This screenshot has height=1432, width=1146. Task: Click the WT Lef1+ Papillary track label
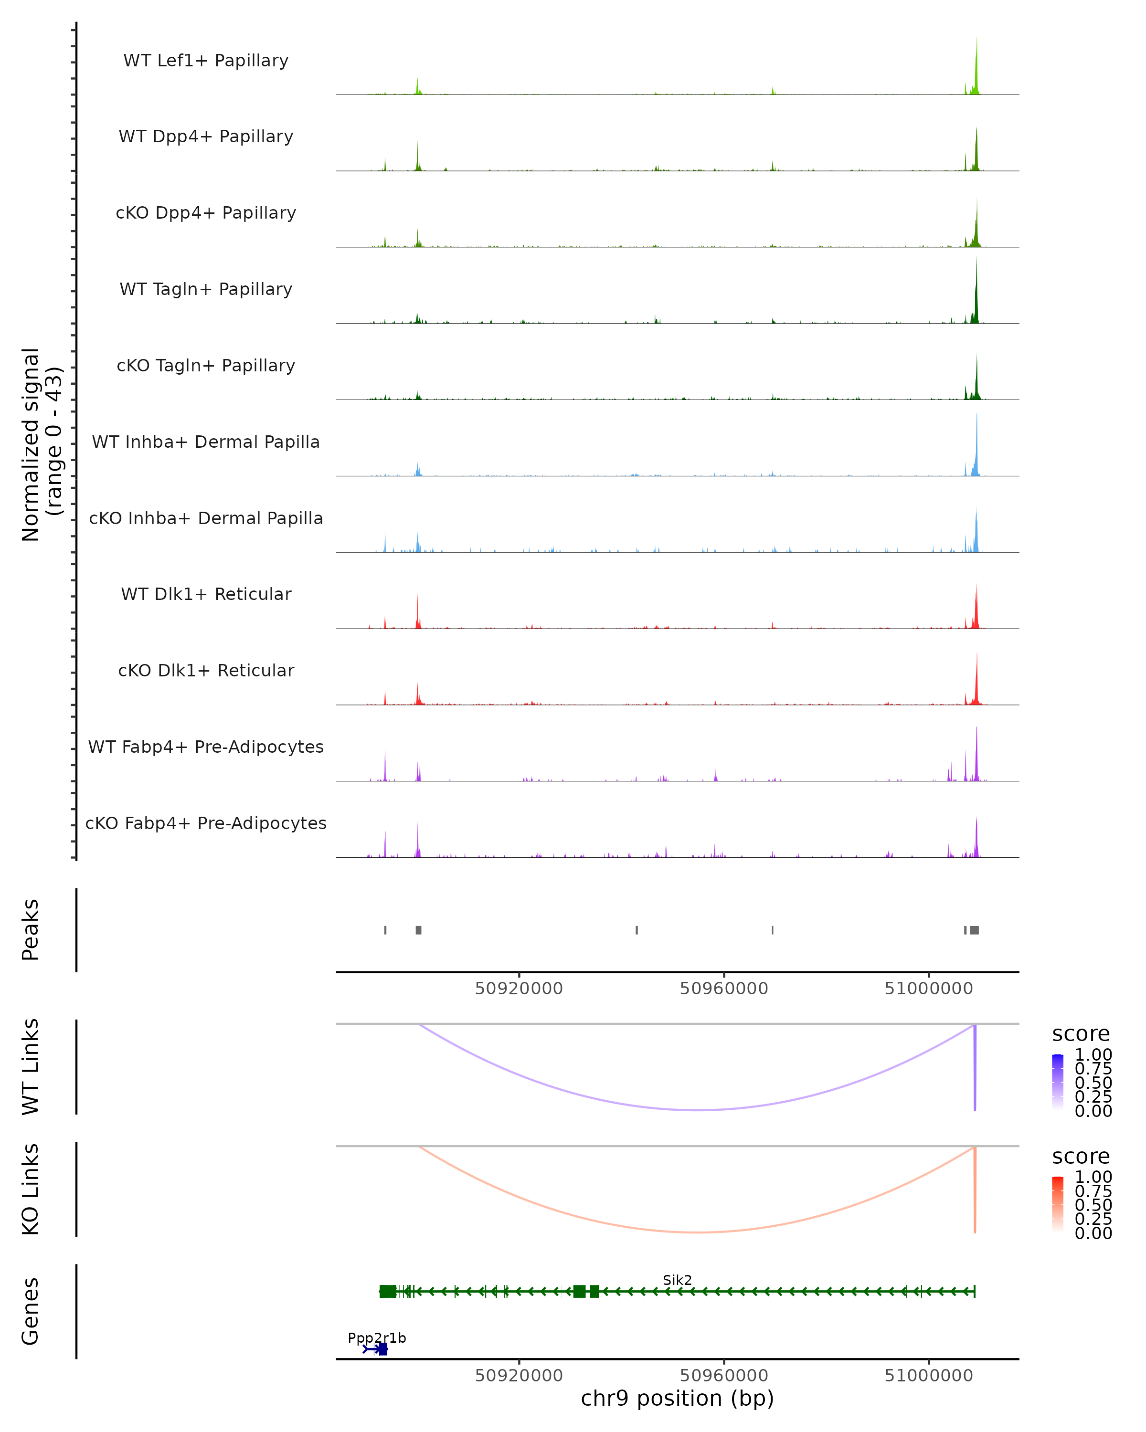tap(206, 61)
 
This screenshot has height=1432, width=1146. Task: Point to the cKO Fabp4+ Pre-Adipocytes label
tap(206, 823)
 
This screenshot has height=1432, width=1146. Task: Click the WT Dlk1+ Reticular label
tap(206, 594)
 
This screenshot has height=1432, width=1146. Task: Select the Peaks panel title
tap(31, 930)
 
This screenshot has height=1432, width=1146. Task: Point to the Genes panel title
tap(31, 1311)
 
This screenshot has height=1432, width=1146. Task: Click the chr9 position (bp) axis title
tap(677, 1398)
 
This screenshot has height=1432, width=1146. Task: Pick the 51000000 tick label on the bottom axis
tap(928, 1376)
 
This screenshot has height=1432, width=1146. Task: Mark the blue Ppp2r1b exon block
tap(382, 1349)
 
